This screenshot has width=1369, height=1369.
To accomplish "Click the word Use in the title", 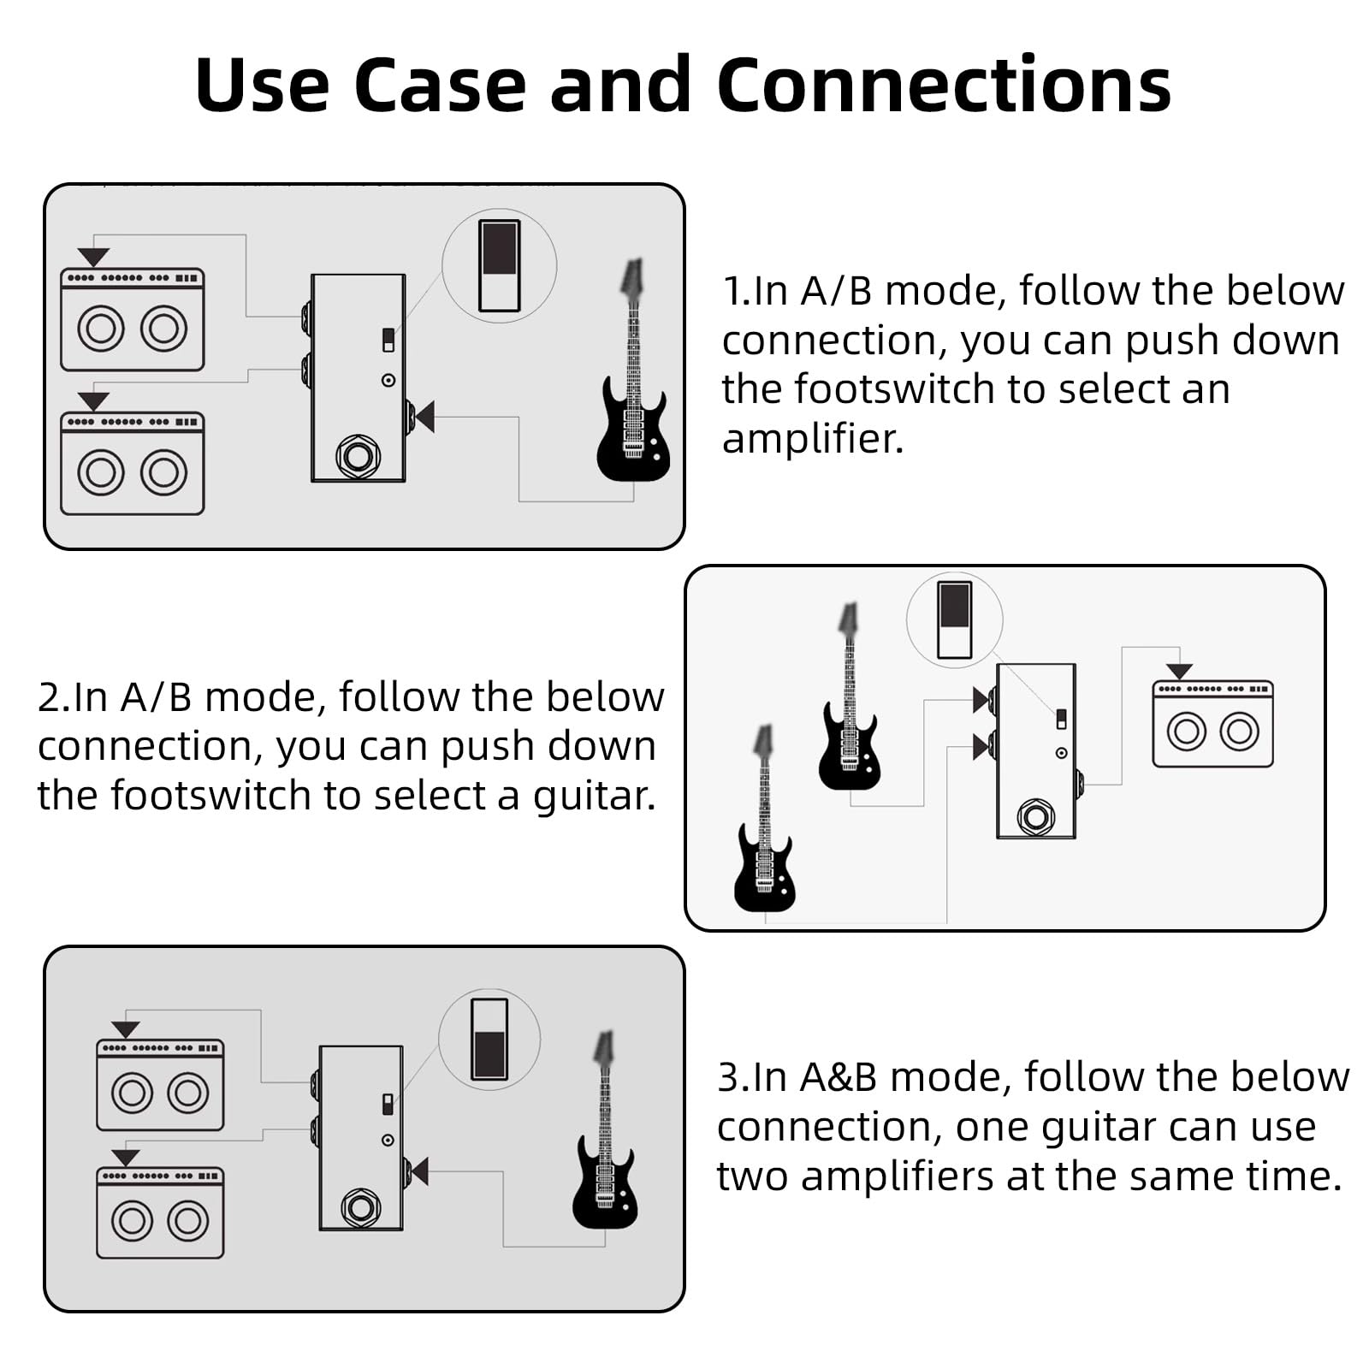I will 262,86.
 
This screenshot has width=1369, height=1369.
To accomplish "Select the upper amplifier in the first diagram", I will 133,320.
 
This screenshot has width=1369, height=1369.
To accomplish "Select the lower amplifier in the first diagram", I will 133,464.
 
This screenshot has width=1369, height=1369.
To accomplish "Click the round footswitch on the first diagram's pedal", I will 358,456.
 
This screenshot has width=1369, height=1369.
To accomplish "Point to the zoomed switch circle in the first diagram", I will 499,266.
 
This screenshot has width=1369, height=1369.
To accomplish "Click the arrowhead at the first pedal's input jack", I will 424,417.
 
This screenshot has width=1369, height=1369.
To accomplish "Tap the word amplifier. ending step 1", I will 813,439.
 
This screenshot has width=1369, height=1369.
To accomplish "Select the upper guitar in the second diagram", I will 849,719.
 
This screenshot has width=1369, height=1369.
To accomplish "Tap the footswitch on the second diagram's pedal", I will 1036,817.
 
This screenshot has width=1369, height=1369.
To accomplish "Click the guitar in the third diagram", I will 605,1155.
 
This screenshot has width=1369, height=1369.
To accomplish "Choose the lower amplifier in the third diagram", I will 160,1213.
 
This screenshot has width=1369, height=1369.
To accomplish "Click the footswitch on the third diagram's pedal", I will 360,1206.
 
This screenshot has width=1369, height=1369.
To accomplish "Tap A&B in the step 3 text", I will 838,1077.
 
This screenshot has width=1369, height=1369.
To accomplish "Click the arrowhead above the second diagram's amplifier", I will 1179,672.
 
